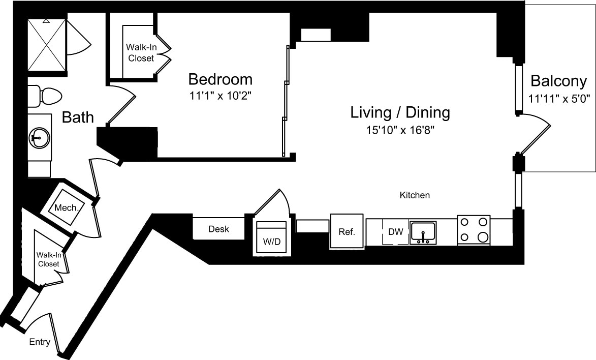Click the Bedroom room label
pyautogui.click(x=220, y=79)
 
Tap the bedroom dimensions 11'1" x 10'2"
pyautogui.click(x=220, y=95)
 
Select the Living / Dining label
pyautogui.click(x=400, y=112)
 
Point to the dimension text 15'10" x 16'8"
pyautogui.click(x=400, y=130)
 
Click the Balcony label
pyautogui.click(x=558, y=81)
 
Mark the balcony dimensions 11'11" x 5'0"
pyautogui.click(x=558, y=99)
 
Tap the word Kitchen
pyautogui.click(x=415, y=195)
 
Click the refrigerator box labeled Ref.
pyautogui.click(x=347, y=232)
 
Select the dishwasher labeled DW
pyautogui.click(x=395, y=232)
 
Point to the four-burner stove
pyautogui.click(x=474, y=230)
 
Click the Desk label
pyautogui.click(x=218, y=229)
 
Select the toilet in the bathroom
pyautogui.click(x=44, y=96)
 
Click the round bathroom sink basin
pyautogui.click(x=39, y=137)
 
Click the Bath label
pyautogui.click(x=78, y=117)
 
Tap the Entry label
pyautogui.click(x=40, y=342)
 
